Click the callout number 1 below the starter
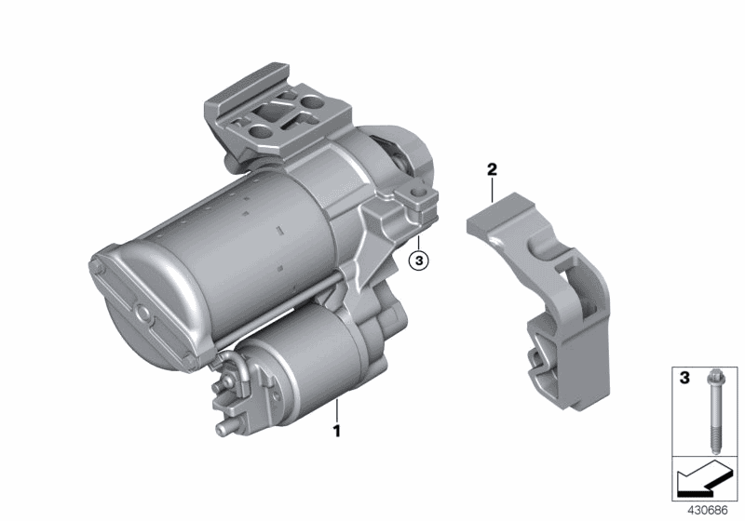(x=337, y=432)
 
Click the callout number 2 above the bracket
(x=492, y=168)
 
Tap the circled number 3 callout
(x=418, y=260)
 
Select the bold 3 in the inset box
(x=684, y=378)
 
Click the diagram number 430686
(x=708, y=511)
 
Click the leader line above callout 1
(x=337, y=411)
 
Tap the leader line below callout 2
(x=493, y=190)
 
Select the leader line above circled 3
(x=418, y=244)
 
